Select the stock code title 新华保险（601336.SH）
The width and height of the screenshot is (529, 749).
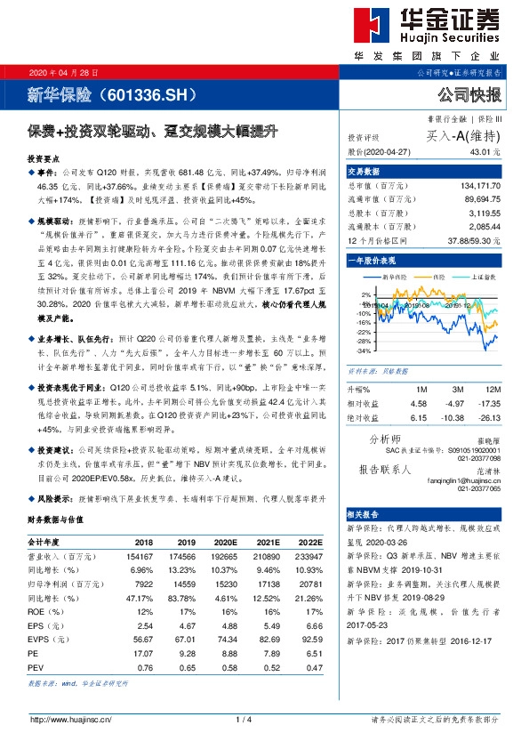(112, 93)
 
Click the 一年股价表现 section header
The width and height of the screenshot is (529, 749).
(372, 262)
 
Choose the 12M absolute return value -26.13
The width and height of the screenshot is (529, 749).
(486, 418)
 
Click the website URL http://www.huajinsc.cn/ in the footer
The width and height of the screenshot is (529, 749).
(70, 719)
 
